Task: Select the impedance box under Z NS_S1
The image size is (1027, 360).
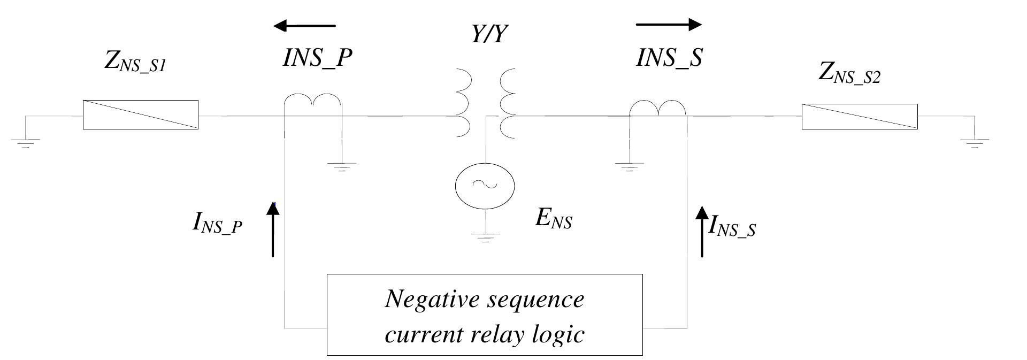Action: (140, 114)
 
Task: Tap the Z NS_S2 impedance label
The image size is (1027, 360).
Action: (849, 73)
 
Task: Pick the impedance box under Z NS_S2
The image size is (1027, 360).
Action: (859, 117)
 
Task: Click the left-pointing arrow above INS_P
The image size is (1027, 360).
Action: (304, 25)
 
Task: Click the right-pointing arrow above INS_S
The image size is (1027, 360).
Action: (669, 24)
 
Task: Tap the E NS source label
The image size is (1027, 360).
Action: (554, 218)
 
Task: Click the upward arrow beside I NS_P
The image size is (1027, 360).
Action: (273, 230)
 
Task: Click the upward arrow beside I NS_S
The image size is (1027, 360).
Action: (702, 231)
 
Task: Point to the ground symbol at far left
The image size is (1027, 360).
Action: (25, 142)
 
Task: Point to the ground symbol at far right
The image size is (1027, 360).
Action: (975, 142)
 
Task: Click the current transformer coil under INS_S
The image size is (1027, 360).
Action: (658, 108)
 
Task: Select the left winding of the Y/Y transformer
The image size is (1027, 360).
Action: (464, 103)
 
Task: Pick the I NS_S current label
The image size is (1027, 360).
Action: (732, 227)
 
